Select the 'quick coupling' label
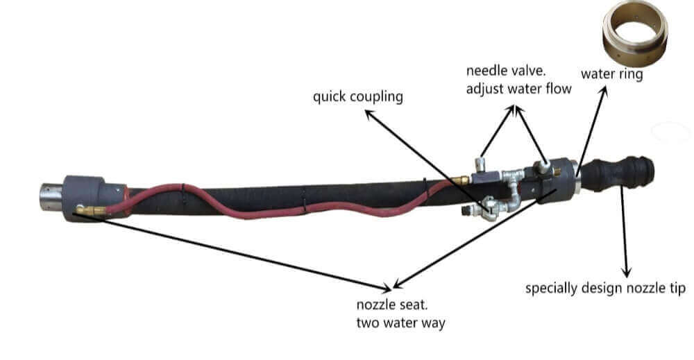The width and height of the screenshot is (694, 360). pos(357,96)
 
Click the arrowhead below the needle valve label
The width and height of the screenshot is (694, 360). pos(514,108)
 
